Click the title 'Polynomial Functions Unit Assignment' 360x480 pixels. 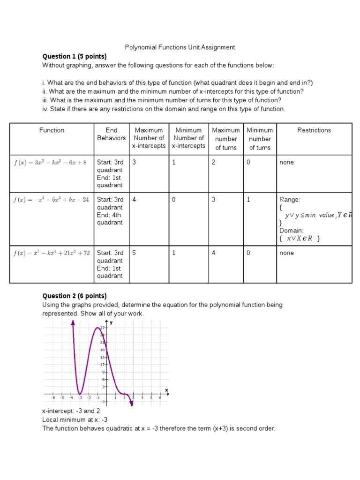(x=180, y=47)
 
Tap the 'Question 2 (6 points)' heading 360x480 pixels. (x=75, y=296)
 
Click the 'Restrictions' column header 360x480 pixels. (x=314, y=130)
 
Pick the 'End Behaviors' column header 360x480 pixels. (x=111, y=134)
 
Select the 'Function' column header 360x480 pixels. (x=52, y=130)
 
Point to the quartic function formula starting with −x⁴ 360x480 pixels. (x=51, y=200)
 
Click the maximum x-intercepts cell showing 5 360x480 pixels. (x=134, y=253)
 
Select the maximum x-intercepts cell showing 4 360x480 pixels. (x=134, y=200)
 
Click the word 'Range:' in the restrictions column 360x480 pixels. (x=289, y=200)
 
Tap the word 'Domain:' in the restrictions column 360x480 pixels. (x=292, y=231)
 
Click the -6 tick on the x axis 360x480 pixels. (x=52, y=398)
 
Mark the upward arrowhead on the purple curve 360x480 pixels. (x=73, y=322)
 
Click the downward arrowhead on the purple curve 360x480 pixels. (x=132, y=404)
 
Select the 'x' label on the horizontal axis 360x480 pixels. (x=166, y=390)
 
